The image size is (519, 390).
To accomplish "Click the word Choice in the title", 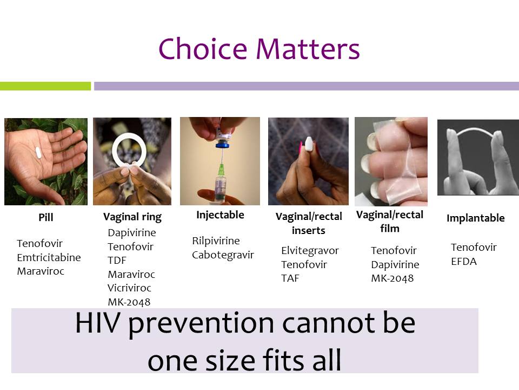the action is click(203, 49).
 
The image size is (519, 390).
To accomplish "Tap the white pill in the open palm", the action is click(38, 152).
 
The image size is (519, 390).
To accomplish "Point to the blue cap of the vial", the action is click(222, 144).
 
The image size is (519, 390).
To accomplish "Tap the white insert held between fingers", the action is click(309, 144).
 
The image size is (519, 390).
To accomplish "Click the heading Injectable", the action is click(220, 215).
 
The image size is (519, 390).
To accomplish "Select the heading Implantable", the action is click(476, 218).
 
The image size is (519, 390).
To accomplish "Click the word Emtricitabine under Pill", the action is click(49, 257).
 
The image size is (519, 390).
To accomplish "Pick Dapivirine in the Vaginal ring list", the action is click(132, 233).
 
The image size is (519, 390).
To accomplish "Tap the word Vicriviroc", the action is click(129, 288).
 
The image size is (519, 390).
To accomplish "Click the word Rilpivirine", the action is click(216, 240).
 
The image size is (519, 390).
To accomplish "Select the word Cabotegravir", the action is click(223, 255).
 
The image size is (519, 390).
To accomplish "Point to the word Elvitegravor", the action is click(310, 251).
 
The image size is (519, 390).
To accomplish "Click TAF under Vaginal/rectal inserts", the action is click(290, 278).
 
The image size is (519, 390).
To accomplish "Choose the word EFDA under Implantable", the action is click(464, 262).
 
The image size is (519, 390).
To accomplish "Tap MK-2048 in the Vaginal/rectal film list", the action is click(392, 278).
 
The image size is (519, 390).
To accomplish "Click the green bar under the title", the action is click(45, 86).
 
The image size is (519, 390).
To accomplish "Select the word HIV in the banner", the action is click(97, 323).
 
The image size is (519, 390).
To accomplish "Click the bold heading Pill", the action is click(45, 218).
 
